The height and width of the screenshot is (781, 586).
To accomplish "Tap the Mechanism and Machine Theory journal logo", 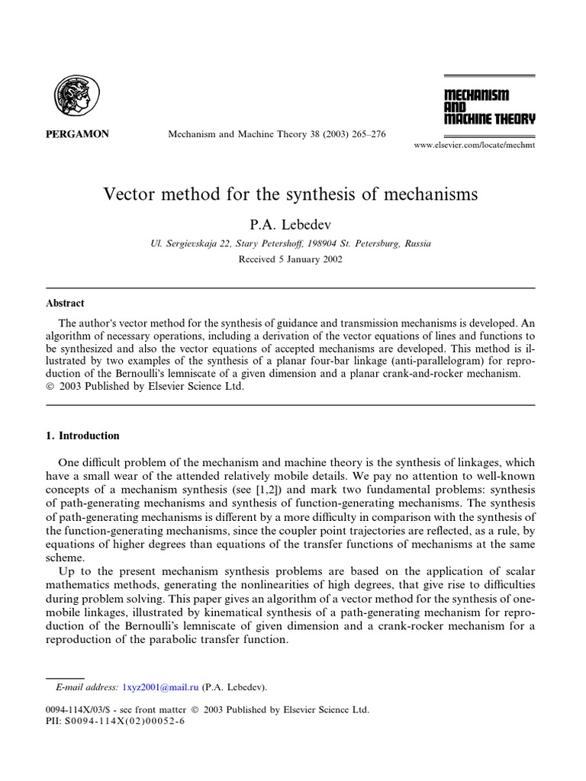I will [x=489, y=107].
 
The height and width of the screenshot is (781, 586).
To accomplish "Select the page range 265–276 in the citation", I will [x=363, y=134].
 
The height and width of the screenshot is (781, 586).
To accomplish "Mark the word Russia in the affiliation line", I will [x=416, y=244].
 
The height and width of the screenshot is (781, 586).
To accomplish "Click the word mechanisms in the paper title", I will [x=428, y=194].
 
